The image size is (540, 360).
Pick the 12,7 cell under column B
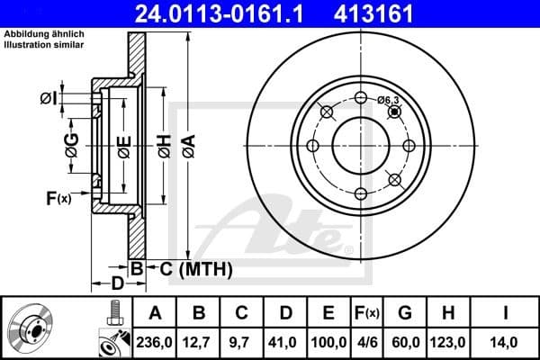[x=199, y=341]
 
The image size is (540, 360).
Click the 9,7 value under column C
[x=242, y=341]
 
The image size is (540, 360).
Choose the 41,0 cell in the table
[x=285, y=341]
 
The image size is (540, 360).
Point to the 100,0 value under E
[x=328, y=341]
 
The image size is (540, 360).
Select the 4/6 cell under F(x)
[x=367, y=341]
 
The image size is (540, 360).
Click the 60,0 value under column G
[x=405, y=341]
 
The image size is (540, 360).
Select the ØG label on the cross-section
[x=71, y=141]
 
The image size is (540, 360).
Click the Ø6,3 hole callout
[x=388, y=100]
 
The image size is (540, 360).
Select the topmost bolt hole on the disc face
[x=361, y=98]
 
